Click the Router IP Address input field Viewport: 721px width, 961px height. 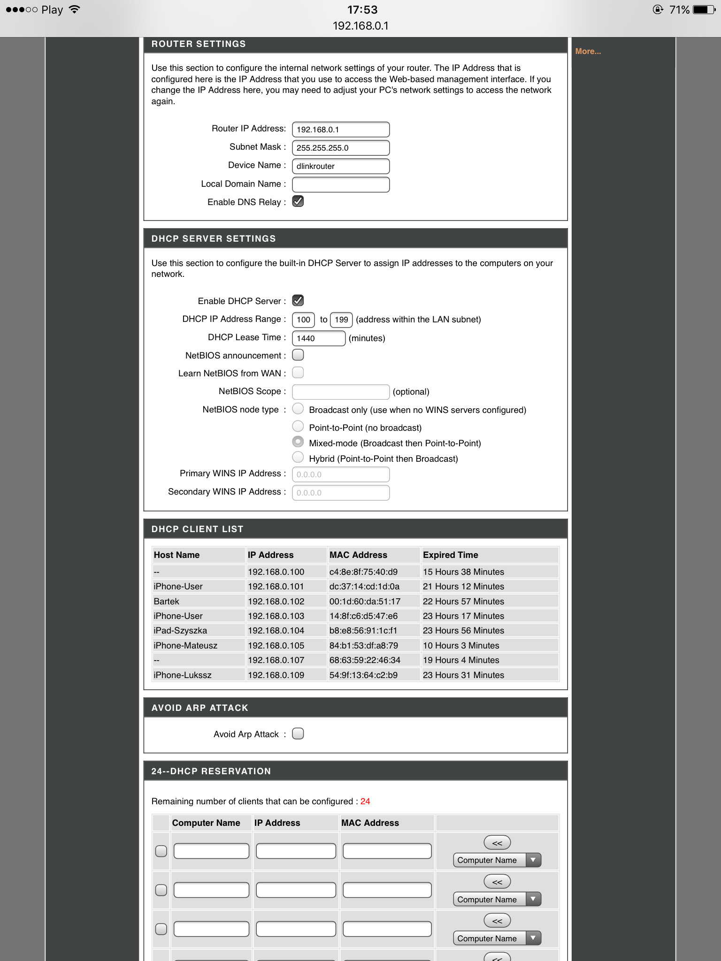340,130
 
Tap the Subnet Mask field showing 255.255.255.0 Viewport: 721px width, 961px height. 340,148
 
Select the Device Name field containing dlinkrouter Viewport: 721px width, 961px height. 340,166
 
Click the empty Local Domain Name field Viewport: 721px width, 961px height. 340,184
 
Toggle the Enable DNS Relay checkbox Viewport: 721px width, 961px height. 298,201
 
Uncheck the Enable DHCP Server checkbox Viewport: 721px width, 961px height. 298,300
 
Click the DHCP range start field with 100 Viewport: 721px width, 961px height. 303,320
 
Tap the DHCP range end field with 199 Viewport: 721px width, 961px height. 341,320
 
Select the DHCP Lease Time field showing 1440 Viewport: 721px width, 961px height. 318,338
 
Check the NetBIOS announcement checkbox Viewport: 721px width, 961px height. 298,355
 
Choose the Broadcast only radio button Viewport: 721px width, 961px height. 298,409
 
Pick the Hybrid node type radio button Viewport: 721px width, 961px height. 298,457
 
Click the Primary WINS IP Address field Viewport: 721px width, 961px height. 340,474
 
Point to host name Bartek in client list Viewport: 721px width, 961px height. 167,602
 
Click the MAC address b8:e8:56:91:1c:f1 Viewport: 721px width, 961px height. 363,631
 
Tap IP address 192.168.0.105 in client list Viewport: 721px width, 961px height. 276,646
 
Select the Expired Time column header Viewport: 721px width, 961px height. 451,555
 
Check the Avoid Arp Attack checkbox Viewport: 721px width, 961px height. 298,733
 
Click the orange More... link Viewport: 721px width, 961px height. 588,51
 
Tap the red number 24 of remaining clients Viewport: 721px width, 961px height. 365,801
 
